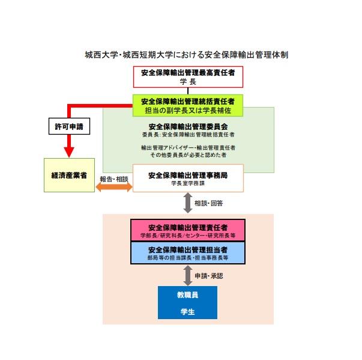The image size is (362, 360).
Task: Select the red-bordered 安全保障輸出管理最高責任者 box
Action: (x=188, y=76)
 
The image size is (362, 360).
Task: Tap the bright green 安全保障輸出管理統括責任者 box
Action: (x=187, y=105)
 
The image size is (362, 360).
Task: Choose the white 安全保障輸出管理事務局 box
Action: (x=187, y=178)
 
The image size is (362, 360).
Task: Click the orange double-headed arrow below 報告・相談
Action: (x=114, y=188)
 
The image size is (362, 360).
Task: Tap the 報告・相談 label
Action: (x=114, y=178)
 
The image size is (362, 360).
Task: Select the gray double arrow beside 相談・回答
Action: (x=187, y=203)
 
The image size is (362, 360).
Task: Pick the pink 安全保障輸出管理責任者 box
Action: (x=187, y=230)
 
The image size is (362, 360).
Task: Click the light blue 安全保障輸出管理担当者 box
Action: (x=187, y=252)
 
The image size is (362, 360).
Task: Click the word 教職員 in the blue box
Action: (x=187, y=296)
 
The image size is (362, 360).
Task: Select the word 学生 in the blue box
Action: (x=187, y=312)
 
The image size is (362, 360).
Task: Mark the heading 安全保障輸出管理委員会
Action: (x=187, y=127)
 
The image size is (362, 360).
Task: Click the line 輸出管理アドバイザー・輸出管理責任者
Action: (x=187, y=147)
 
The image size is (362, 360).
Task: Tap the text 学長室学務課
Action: (x=187, y=184)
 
